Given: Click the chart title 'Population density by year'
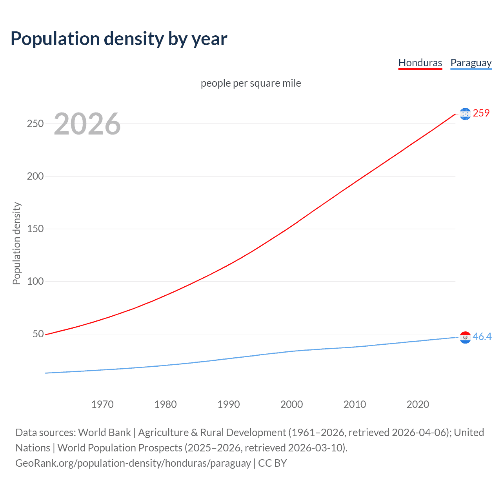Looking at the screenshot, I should coord(119,39).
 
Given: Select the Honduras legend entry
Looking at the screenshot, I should coord(420,63).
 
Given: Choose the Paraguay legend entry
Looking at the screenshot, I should coord(471,63).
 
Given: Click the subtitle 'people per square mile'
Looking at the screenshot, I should coord(251,83).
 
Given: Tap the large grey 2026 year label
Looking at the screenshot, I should coord(87,124).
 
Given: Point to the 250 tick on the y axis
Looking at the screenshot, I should coord(35,124).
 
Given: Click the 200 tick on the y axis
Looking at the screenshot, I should coord(35,176).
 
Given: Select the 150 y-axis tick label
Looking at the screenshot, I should coord(35,229).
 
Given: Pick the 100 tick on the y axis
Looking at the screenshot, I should coord(35,281).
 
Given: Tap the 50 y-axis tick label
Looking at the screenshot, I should coord(38,334).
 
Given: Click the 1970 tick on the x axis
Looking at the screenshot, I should coord(102,404).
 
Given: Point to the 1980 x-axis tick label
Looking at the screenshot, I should coord(166,404).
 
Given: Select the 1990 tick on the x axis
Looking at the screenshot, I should coord(229,404).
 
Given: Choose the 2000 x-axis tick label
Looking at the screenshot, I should coord(292,404).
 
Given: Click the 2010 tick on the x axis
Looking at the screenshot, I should coord(355,404).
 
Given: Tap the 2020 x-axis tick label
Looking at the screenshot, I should coord(418,404).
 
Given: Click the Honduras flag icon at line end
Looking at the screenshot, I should coord(465,114).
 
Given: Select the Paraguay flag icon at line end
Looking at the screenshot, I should coord(465,337).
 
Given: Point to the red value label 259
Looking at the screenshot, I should coord(481,113).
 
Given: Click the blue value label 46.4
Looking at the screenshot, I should coord(482,336).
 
